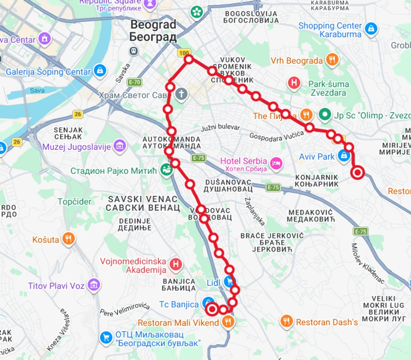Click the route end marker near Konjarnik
click(358, 173)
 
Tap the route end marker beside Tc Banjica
click(212, 309)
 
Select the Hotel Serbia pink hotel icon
click(276, 163)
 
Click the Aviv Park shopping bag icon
click(344, 156)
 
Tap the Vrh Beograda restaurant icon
click(332, 60)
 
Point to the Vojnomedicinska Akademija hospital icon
click(175, 264)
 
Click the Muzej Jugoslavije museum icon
click(120, 146)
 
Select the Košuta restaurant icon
click(68, 239)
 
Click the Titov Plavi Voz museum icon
click(94, 286)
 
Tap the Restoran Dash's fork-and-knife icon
click(286, 322)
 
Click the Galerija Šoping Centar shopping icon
click(100, 71)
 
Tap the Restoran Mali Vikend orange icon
click(227, 323)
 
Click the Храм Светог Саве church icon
click(182, 94)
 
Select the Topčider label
click(75, 201)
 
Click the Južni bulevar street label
click(220, 128)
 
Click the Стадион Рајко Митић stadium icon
click(166, 169)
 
